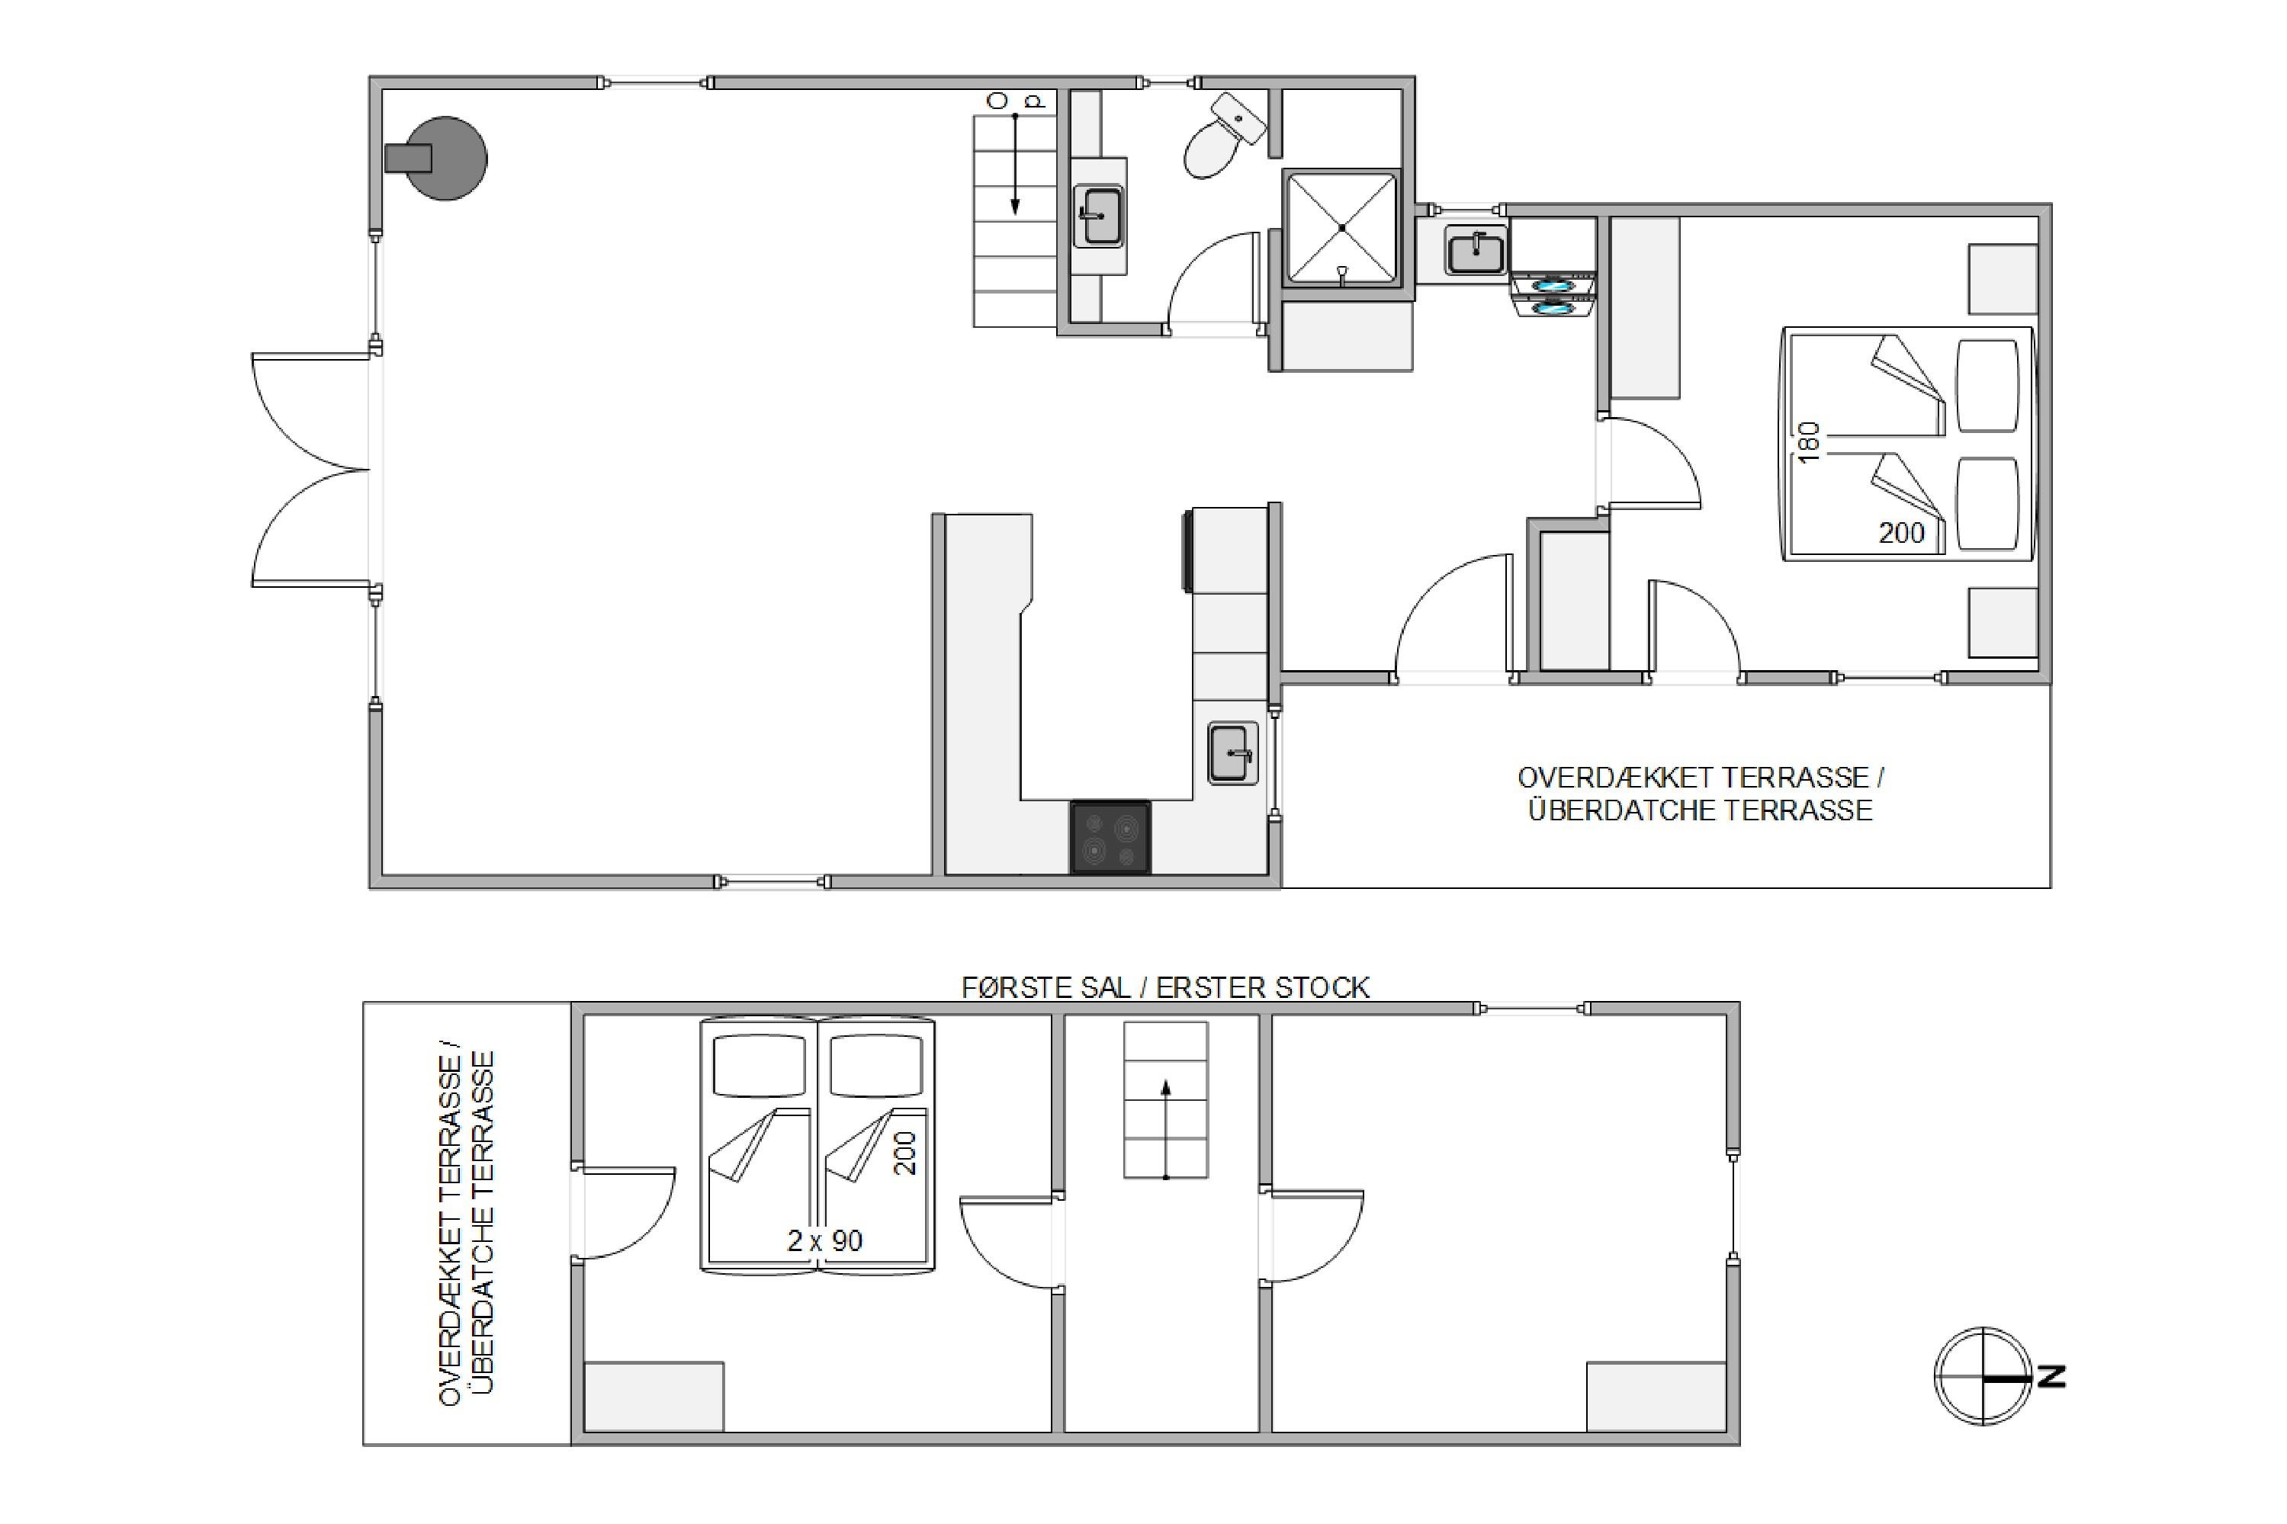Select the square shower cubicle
[1341, 229]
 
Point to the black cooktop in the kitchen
[1111, 837]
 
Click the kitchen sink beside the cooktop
[1232, 753]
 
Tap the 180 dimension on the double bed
[1808, 443]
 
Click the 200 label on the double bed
[1901, 533]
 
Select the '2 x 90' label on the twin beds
[824, 1240]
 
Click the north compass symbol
[1983, 1376]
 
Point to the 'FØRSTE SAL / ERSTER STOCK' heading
[1165, 987]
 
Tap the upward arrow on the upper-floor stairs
[1165, 1128]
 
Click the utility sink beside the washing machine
[1476, 252]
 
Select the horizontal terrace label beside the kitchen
[1700, 793]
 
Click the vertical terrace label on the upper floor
[467, 1227]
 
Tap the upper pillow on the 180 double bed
[1987, 386]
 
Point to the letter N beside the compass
[2051, 1376]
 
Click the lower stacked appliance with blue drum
[1553, 307]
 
